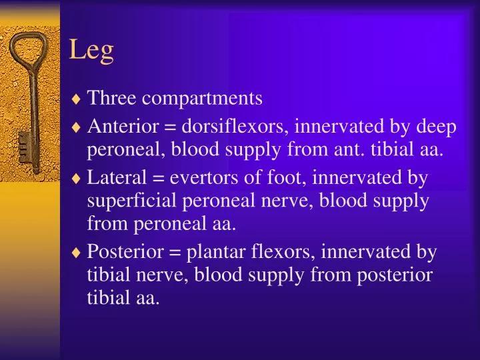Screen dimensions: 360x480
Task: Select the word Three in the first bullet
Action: (x=112, y=99)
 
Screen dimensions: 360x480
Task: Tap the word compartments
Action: (x=202, y=99)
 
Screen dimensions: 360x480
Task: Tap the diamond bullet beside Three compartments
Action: (x=77, y=100)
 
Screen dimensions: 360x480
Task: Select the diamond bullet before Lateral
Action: (x=77, y=179)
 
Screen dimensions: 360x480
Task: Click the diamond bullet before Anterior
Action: (x=77, y=127)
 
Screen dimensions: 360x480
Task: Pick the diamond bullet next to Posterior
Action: (x=77, y=253)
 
